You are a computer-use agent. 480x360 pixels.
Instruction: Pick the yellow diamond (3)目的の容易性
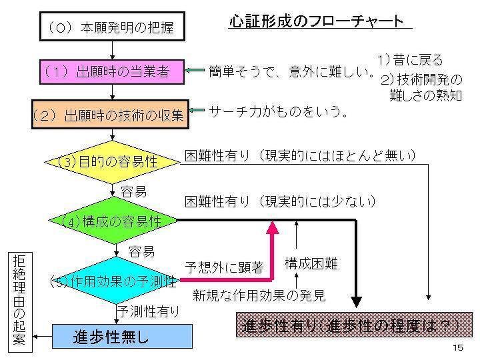(113, 161)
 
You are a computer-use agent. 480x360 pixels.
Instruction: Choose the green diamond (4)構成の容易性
(113, 220)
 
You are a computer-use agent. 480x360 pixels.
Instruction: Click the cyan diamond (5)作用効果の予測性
(113, 281)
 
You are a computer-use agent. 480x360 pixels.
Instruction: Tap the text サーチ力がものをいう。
(279, 111)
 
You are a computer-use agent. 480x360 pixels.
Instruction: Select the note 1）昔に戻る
(409, 59)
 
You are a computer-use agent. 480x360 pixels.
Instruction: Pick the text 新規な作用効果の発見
(259, 295)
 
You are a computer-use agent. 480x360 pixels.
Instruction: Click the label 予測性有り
(148, 311)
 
